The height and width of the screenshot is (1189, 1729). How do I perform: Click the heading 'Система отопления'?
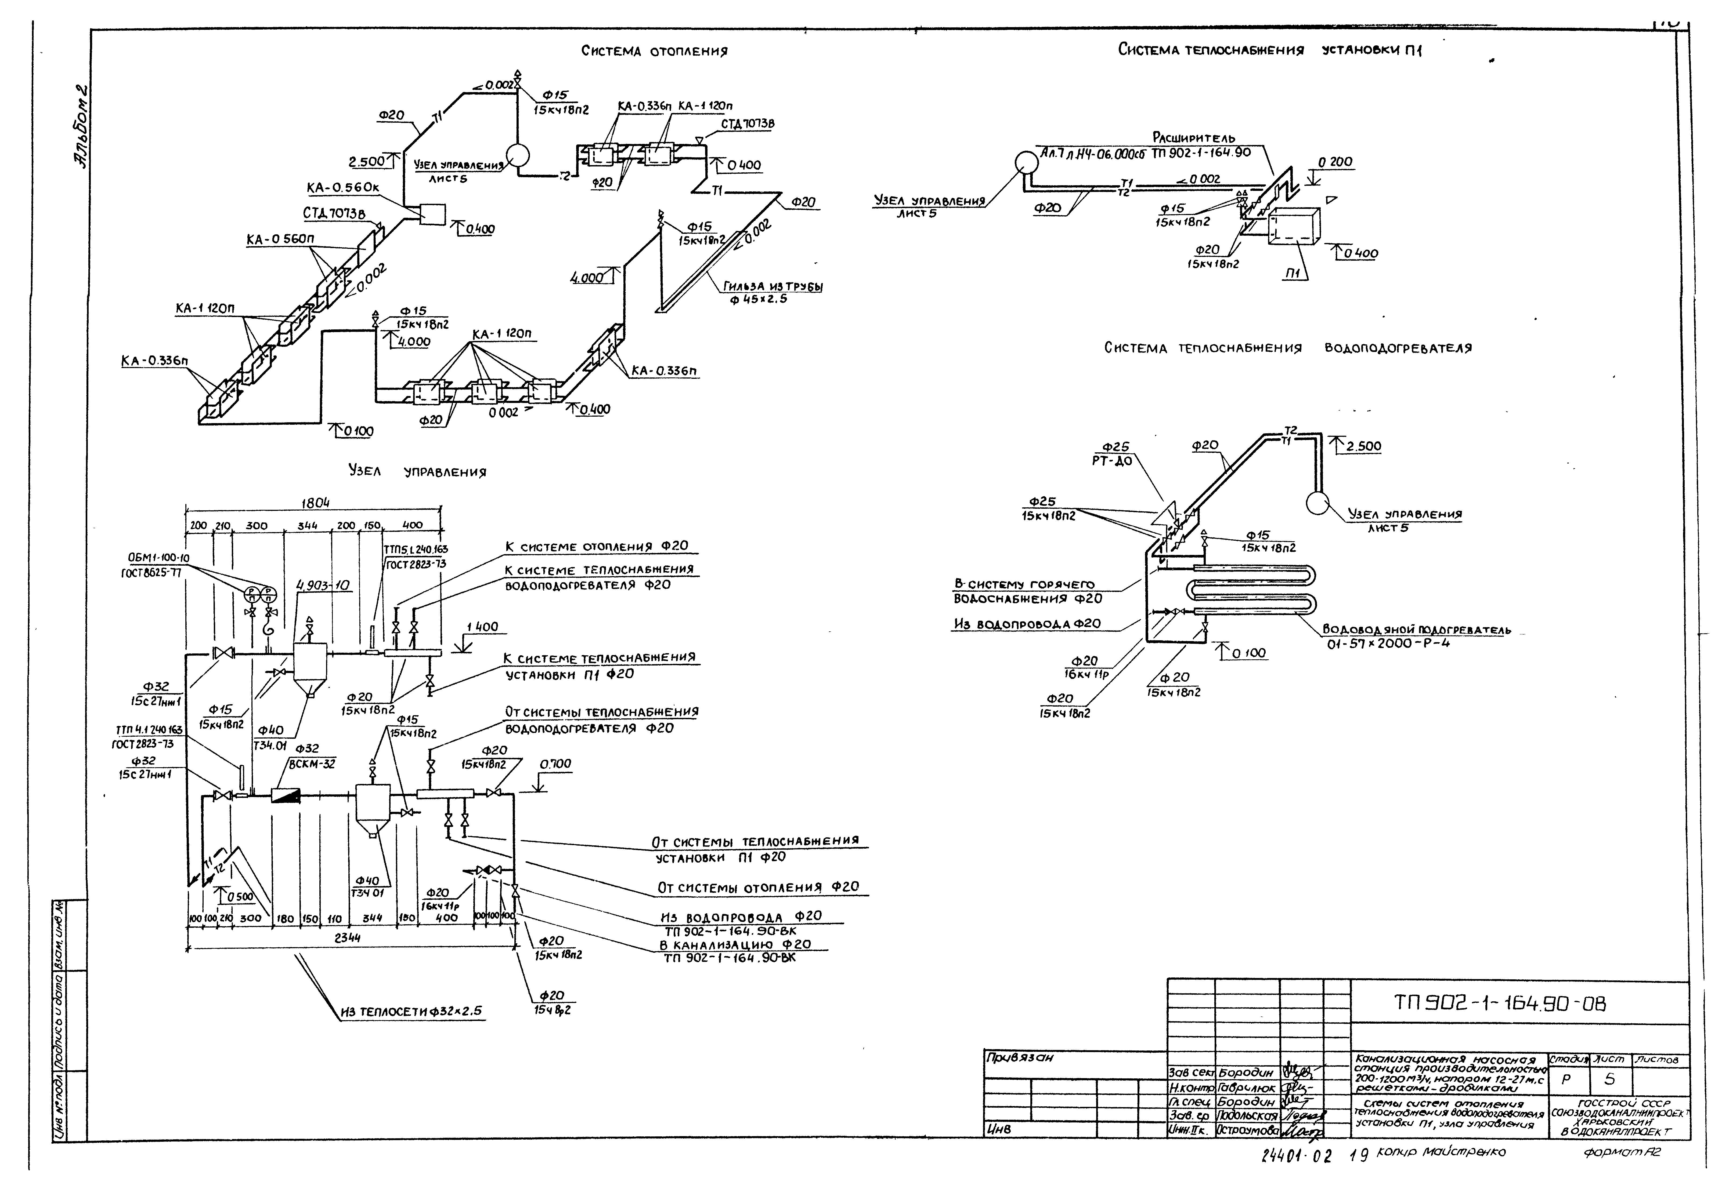(x=654, y=51)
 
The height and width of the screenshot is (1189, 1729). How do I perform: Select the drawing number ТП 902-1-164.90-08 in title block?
(x=1499, y=1004)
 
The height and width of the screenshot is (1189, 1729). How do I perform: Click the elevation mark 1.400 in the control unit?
(x=482, y=627)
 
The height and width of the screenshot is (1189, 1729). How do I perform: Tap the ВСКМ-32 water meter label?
(x=312, y=763)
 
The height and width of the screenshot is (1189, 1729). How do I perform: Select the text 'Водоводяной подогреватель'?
(x=1416, y=630)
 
